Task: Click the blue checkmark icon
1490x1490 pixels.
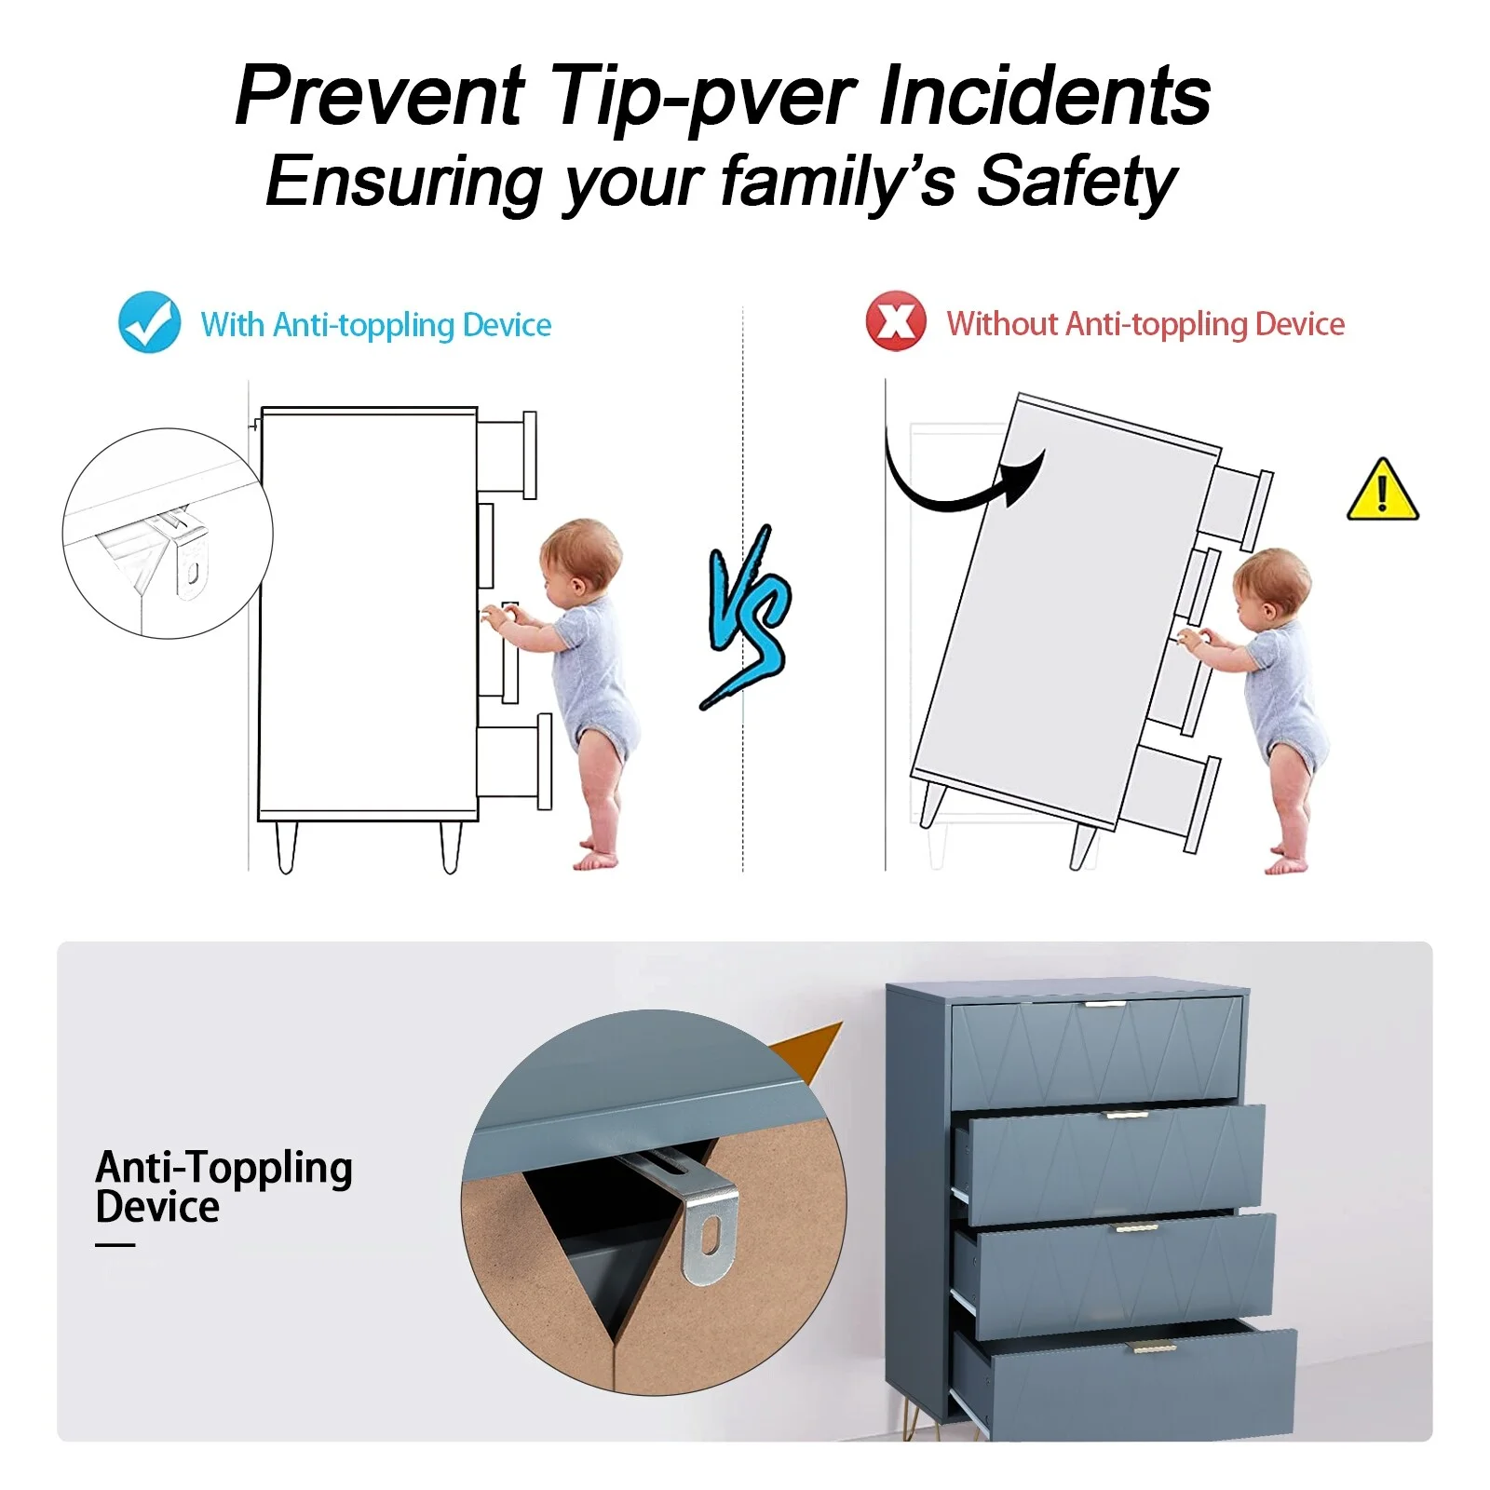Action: coord(149,322)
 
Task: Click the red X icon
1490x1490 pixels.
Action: coord(896,322)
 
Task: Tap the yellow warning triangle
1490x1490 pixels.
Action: coord(1383,490)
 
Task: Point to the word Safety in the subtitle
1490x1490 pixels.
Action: coord(1077,183)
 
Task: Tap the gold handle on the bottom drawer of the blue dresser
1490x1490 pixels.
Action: coord(1154,1347)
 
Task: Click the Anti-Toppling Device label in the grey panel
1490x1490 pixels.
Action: coord(223,1187)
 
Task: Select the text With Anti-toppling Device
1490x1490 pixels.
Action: coord(376,325)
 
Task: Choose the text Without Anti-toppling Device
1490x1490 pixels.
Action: coord(1145,324)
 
